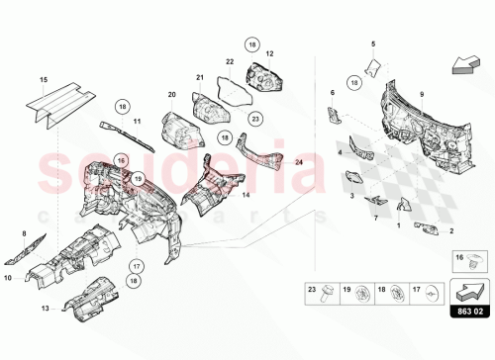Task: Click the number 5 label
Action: (373, 45)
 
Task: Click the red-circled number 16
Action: (121, 159)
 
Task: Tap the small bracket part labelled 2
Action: (427, 226)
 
